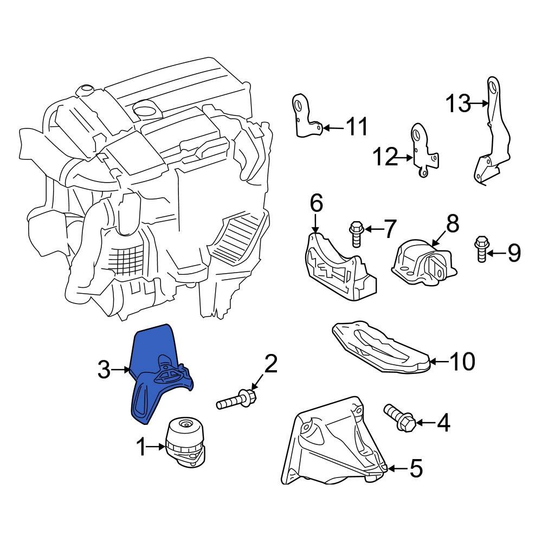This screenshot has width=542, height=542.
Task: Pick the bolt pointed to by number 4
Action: [x=400, y=417]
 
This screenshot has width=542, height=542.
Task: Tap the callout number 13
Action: [x=459, y=103]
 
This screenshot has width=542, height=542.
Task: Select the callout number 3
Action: [x=104, y=371]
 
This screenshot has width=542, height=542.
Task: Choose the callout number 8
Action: [x=453, y=223]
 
